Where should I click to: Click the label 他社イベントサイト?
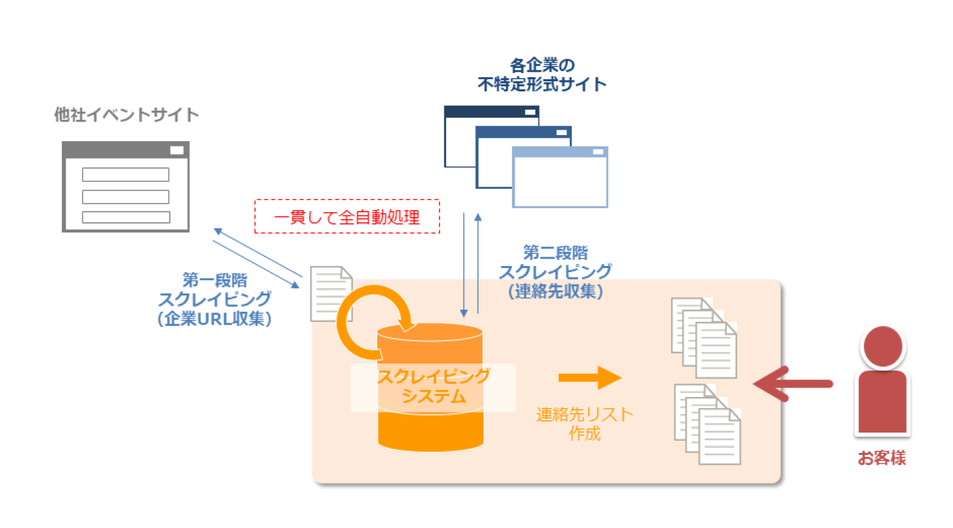tap(126, 115)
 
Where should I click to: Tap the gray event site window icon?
tap(126, 187)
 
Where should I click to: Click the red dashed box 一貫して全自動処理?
tap(347, 216)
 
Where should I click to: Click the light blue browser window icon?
tap(560, 177)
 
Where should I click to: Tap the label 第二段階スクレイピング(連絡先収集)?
tap(554, 272)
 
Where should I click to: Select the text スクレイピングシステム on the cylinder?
tap(433, 386)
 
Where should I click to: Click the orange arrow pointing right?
tap(591, 378)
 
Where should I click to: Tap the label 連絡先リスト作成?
tap(585, 424)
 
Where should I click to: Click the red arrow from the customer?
tap(792, 384)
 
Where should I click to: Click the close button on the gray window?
tap(177, 150)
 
